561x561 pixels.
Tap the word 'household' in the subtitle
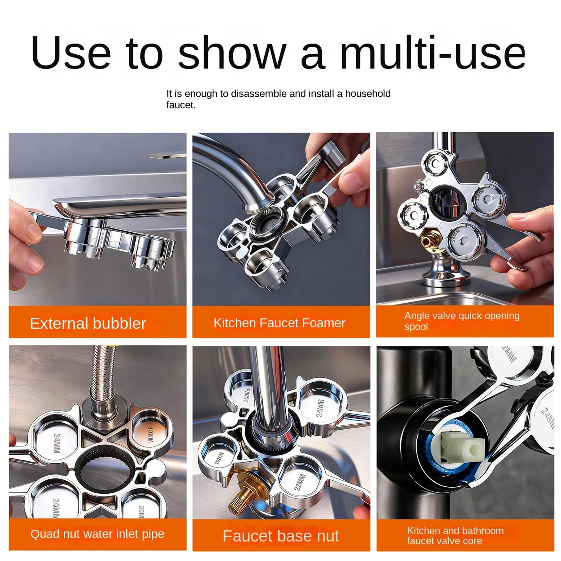(x=368, y=94)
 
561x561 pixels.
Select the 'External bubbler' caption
(x=88, y=323)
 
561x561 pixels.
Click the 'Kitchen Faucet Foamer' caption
(x=279, y=323)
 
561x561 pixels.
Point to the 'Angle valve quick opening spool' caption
(x=461, y=321)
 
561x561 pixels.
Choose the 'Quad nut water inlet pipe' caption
(x=97, y=534)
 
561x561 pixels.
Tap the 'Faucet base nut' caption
(x=280, y=536)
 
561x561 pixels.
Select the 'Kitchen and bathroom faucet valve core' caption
(x=455, y=535)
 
